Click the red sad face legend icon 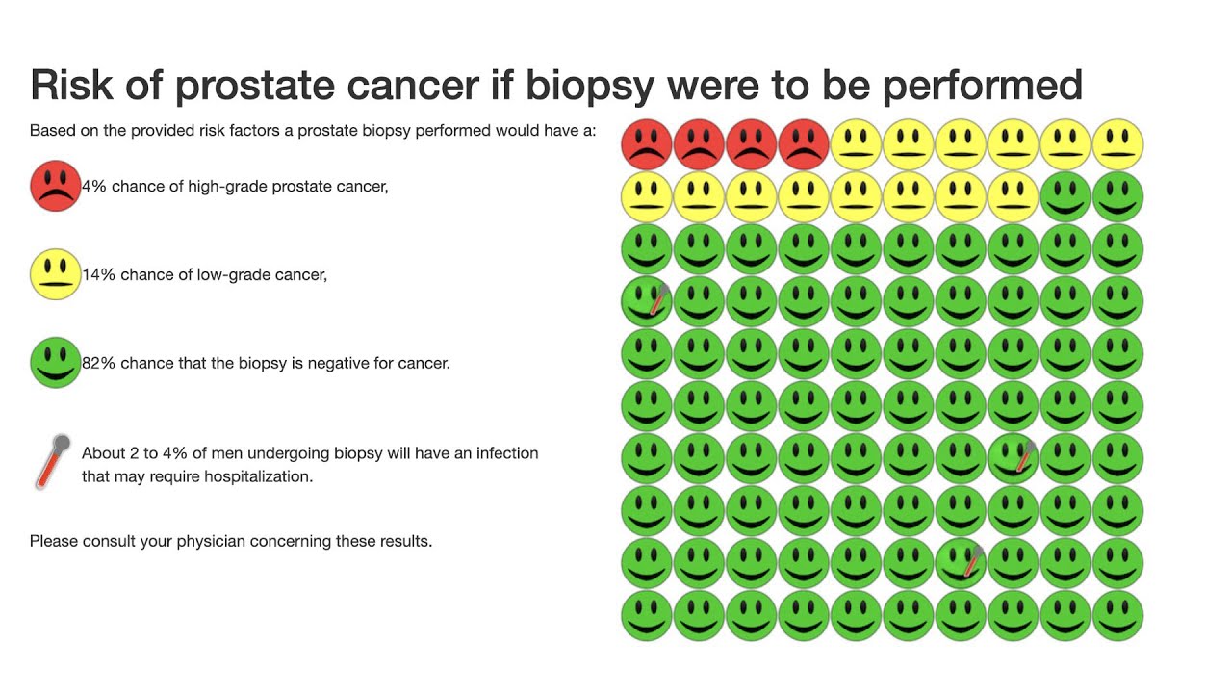[x=55, y=186]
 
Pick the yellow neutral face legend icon [x=55, y=274]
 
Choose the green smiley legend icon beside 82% [x=55, y=363]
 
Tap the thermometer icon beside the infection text [x=53, y=462]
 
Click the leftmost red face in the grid [x=646, y=144]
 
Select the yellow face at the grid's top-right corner [x=1117, y=144]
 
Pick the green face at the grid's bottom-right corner [x=1117, y=616]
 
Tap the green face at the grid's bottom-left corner [x=646, y=616]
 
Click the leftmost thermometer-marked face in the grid [x=646, y=301]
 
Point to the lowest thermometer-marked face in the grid [x=961, y=563]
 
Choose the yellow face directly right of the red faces [x=856, y=144]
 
